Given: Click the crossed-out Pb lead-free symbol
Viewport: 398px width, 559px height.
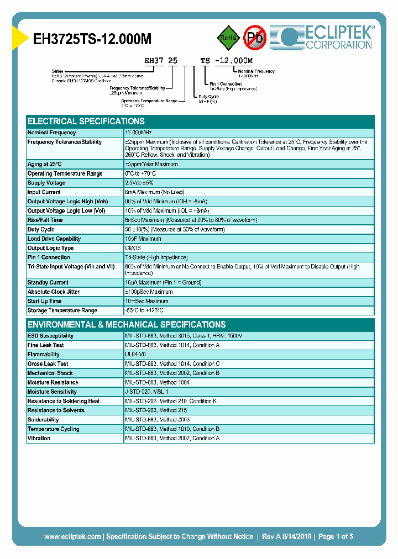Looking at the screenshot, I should pos(255,38).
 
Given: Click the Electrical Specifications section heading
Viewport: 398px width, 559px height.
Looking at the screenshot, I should pos(86,121).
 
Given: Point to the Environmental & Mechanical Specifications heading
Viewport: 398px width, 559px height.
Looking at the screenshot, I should pos(127,324).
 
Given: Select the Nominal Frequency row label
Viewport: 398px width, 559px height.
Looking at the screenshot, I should pos(52,133).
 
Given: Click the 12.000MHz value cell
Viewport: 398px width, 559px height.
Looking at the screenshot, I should pos(138,133).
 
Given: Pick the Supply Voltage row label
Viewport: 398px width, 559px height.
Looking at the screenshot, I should pos(46,183).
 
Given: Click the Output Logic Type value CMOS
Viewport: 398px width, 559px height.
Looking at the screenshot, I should pos(133,248).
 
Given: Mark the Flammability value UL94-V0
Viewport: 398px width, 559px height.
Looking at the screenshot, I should pos(135,355).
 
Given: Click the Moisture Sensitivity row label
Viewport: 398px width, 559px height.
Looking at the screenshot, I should pos(53,392).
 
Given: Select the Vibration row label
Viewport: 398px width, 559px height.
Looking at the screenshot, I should pos(39,438).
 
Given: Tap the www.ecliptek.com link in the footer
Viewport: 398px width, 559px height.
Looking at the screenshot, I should pos(72,536).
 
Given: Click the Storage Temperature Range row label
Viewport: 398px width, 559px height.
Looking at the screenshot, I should pos(62,310).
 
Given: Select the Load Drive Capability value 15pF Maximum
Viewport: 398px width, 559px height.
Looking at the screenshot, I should pos(143,239).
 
